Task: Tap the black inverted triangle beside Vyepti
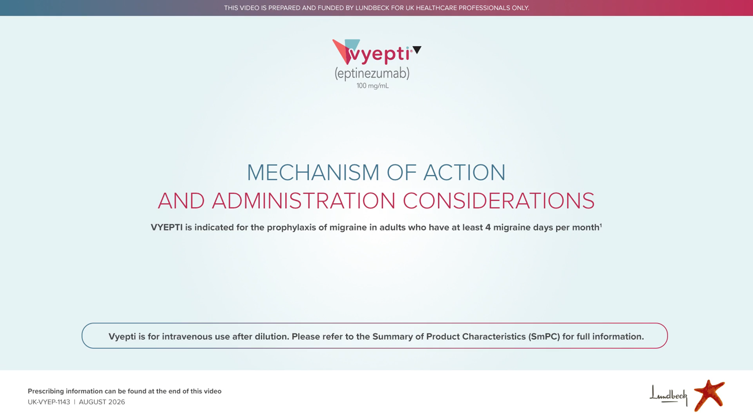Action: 417,49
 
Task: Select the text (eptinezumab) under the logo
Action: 372,73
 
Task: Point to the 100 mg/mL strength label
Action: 372,86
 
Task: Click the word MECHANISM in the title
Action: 313,172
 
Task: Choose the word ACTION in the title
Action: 464,172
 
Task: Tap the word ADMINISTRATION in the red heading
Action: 303,201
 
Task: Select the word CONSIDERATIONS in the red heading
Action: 499,201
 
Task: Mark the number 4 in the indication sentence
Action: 488,228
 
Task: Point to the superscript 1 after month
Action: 601,225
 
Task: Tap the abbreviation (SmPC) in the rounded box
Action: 544,337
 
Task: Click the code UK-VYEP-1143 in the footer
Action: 49,402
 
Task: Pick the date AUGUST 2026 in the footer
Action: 102,402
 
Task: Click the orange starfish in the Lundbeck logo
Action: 709,395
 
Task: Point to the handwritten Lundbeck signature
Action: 668,395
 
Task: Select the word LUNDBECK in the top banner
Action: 372,8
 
